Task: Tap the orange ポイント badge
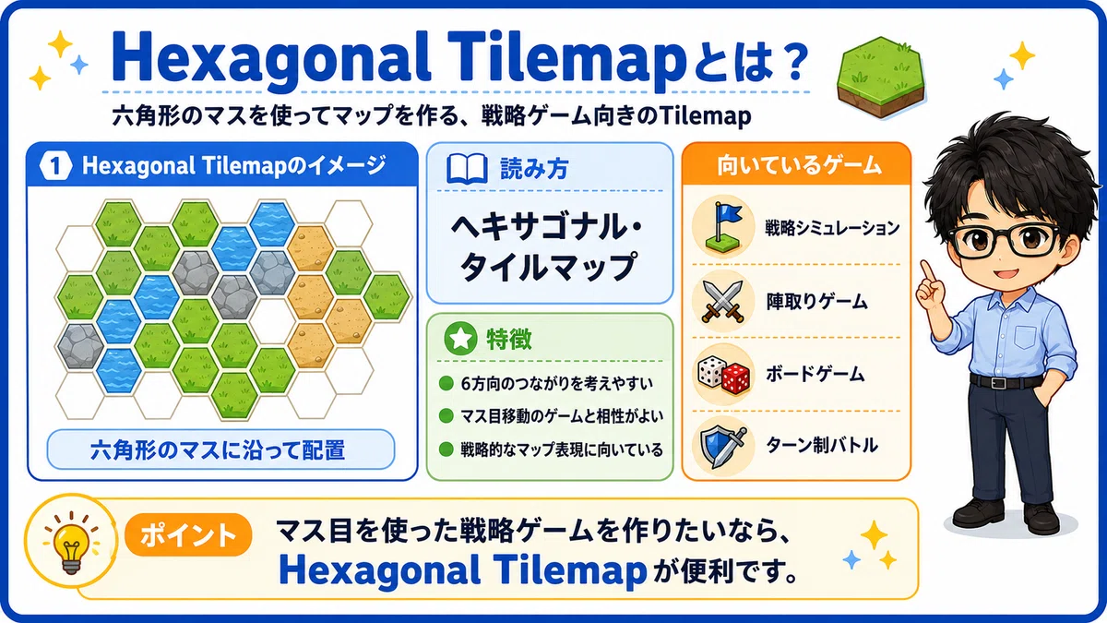pos(188,534)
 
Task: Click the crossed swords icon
pos(723,301)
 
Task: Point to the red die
pos(736,378)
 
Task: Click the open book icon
pos(467,169)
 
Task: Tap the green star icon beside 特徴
pos(460,339)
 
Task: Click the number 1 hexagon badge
pos(55,165)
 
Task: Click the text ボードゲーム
pos(815,375)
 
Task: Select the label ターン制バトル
pos(822,445)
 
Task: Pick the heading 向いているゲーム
pos(799,165)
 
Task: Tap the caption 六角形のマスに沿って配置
pos(218,450)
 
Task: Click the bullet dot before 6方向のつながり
pos(446,383)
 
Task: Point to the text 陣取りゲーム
pos(817,301)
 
